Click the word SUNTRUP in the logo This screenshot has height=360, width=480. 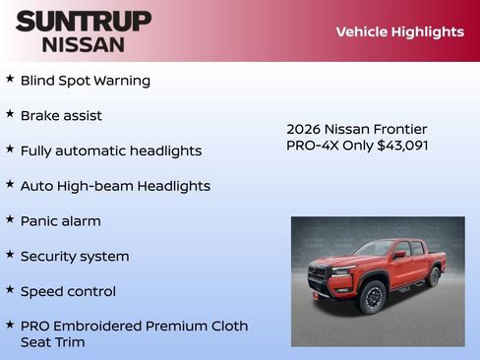(x=84, y=21)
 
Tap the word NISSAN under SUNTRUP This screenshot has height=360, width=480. (x=84, y=44)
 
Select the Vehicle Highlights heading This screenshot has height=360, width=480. (x=399, y=31)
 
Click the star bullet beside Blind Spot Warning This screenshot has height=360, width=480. (x=10, y=79)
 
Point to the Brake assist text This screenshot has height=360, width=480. (x=61, y=115)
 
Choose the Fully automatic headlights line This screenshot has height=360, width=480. (x=110, y=150)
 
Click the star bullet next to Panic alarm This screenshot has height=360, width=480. (x=10, y=219)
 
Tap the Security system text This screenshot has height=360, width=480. (x=75, y=256)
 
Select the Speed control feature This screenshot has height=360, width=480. (x=68, y=291)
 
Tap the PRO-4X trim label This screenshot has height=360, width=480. (x=311, y=146)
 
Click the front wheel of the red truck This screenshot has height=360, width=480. (x=372, y=296)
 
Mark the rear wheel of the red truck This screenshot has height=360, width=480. (x=434, y=276)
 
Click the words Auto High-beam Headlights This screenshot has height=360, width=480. (x=115, y=186)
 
